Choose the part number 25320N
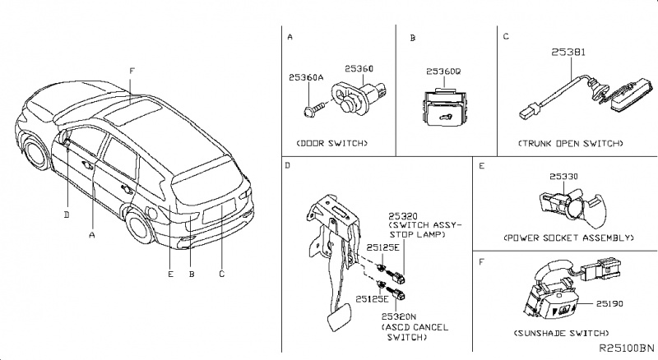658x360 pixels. (399, 316)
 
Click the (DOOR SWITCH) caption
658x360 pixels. (331, 143)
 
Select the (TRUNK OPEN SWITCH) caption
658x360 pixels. (570, 143)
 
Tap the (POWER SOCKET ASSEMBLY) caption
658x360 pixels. (568, 237)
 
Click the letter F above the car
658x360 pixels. (132, 71)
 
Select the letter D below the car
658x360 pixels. (66, 215)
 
